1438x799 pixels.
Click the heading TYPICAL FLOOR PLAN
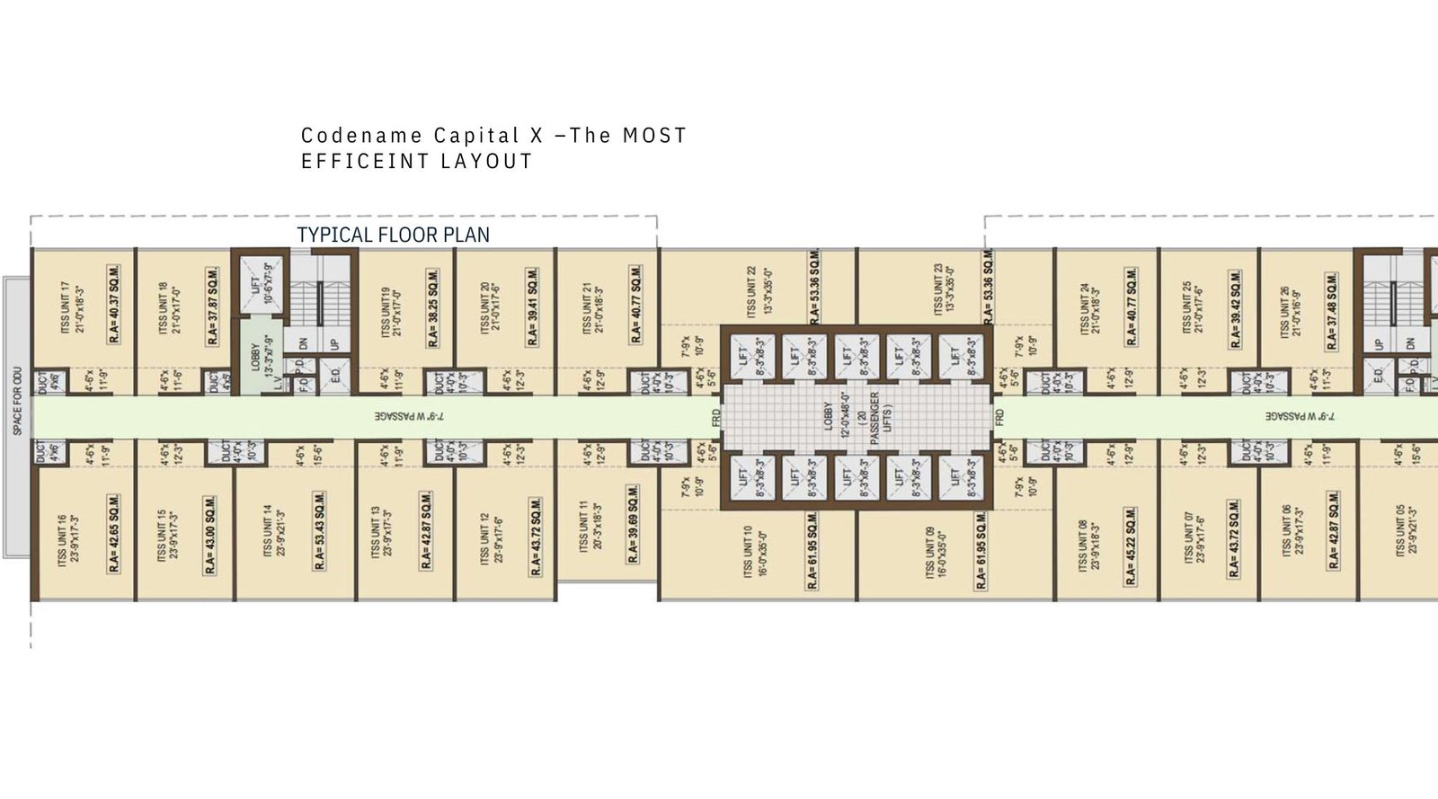click(394, 235)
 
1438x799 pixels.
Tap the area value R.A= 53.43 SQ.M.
click(320, 532)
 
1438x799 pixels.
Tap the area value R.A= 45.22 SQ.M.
click(1132, 546)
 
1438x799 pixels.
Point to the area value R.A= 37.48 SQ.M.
click(1332, 310)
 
